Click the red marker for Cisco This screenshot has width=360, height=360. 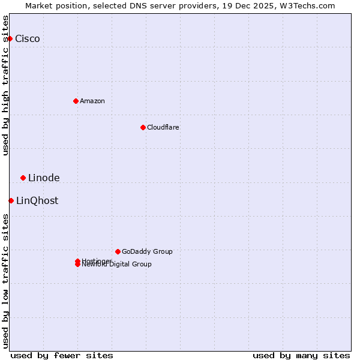(x=10, y=38)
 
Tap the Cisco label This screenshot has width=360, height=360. (x=28, y=39)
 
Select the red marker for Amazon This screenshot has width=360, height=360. (x=76, y=101)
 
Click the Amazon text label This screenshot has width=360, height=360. (x=92, y=101)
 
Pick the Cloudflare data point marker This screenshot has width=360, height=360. (x=143, y=127)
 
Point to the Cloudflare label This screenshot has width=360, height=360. (x=163, y=128)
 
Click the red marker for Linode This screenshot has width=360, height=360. (x=23, y=178)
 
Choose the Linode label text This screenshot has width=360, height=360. (x=44, y=178)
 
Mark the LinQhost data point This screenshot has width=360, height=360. (x=11, y=200)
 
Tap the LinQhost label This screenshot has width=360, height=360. (x=37, y=201)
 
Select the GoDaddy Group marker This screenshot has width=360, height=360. (x=118, y=251)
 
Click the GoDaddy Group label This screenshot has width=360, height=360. (x=147, y=252)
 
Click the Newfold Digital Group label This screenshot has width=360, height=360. (x=118, y=265)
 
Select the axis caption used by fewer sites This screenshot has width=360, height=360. (x=62, y=355)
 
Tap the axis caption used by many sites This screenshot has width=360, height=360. (x=301, y=355)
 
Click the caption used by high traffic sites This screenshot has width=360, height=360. (x=6, y=85)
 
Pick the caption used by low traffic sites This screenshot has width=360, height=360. (x=6, y=281)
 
